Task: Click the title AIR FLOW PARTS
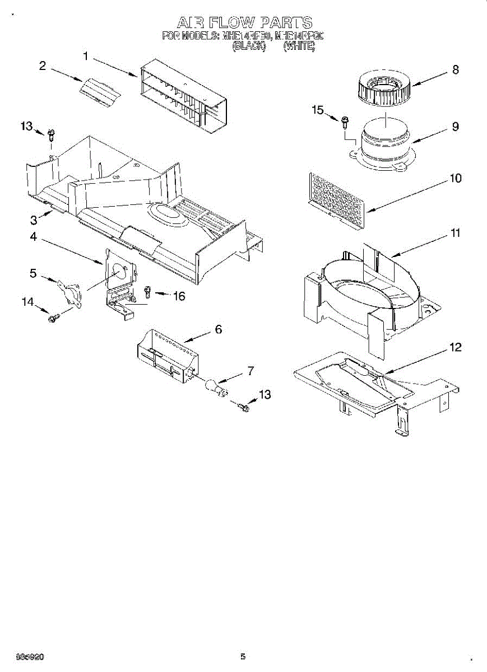[x=244, y=22]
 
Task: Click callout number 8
[x=455, y=69]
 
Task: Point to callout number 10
[x=455, y=178]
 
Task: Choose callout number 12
[x=455, y=347]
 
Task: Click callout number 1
[x=86, y=56]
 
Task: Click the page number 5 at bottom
[x=243, y=656]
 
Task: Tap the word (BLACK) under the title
[x=248, y=47]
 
